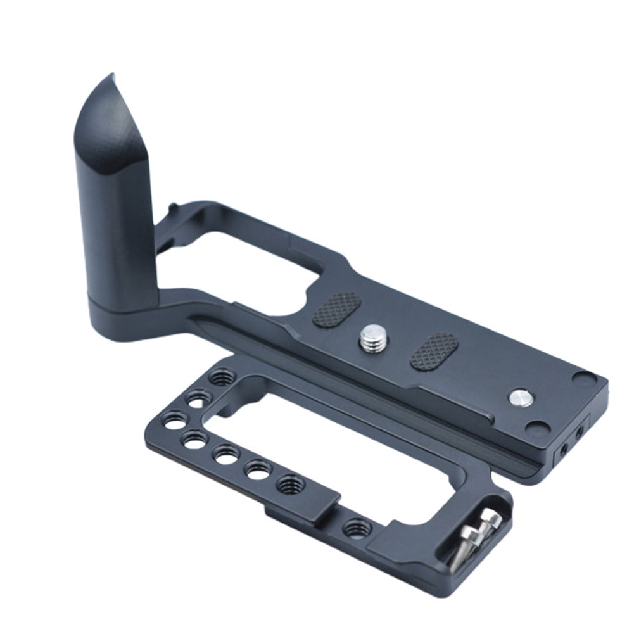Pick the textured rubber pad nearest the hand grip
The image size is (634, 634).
(x=336, y=309)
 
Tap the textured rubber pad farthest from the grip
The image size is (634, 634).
(x=434, y=352)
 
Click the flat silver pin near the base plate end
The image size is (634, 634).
(x=519, y=397)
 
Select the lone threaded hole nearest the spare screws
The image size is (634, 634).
(x=356, y=528)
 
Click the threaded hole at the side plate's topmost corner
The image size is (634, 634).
(x=220, y=378)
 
